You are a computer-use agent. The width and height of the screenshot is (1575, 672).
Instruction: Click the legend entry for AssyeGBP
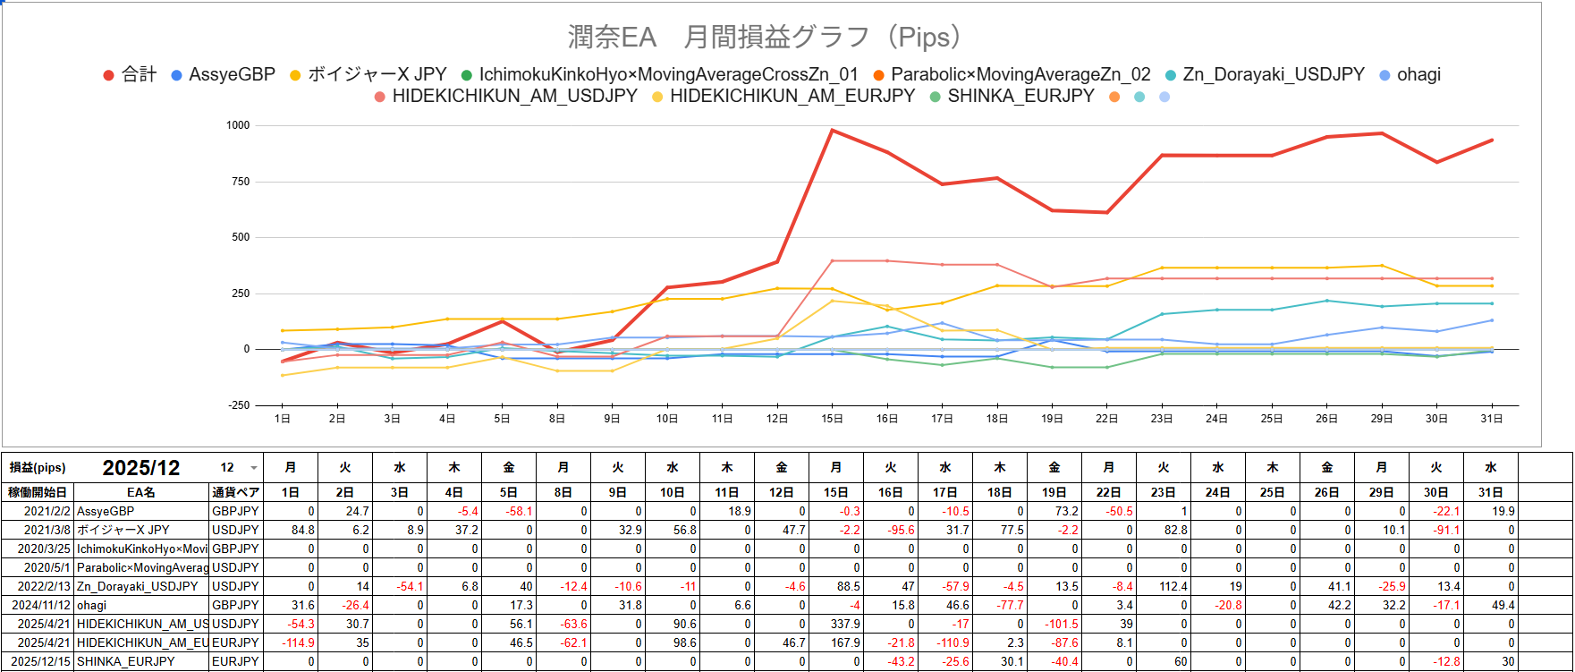[232, 74]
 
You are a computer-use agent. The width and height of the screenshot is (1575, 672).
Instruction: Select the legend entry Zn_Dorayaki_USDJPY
[1273, 74]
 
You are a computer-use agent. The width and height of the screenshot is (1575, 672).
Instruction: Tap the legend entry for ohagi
[1418, 74]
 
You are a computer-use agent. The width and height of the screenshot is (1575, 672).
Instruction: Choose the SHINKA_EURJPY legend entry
[1020, 96]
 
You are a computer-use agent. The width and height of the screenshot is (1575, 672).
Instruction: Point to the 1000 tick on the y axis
[238, 125]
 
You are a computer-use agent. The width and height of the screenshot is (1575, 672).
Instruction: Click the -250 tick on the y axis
[239, 405]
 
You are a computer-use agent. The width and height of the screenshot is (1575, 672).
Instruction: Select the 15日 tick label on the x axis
[833, 419]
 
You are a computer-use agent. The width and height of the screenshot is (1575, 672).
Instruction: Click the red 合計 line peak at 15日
[833, 131]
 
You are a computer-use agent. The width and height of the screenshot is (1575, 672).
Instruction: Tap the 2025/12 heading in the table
[141, 468]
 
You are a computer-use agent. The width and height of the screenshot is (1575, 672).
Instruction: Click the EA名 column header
[140, 492]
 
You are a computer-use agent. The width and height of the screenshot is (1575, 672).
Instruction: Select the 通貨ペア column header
[236, 492]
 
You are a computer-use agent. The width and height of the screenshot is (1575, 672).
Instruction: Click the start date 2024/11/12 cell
[38, 605]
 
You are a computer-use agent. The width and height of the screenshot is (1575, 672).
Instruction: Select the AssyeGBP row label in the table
[106, 511]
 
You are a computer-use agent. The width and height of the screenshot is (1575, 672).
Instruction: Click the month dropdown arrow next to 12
[254, 468]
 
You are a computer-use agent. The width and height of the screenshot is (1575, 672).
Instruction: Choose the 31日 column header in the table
[1491, 492]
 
